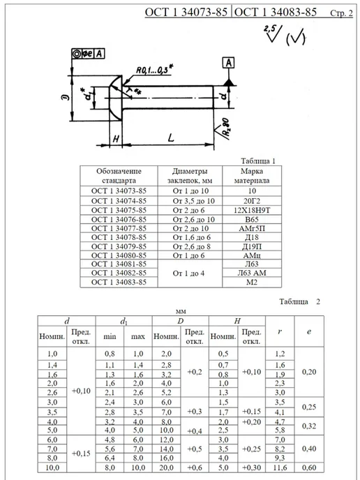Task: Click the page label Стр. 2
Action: coord(341,13)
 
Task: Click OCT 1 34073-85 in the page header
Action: coord(186,12)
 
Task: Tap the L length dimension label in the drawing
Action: coord(171,137)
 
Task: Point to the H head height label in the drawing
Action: coord(116,140)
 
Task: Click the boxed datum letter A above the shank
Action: coord(228,63)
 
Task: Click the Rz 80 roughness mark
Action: coord(225,128)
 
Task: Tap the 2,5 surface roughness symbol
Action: coord(273,33)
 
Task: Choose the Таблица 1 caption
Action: coord(257,161)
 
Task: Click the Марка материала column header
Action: coord(252,176)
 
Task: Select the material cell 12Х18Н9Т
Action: coord(252,210)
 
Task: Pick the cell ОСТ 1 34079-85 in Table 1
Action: coord(119,246)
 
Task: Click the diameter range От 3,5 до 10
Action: coord(190,201)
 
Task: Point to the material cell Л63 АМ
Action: coord(252,273)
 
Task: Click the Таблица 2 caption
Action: coord(299,301)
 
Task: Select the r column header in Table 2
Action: coord(280,331)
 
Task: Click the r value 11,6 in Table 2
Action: coord(280,467)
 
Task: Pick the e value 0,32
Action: coord(309,426)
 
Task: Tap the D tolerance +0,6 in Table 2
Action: coord(195,467)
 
